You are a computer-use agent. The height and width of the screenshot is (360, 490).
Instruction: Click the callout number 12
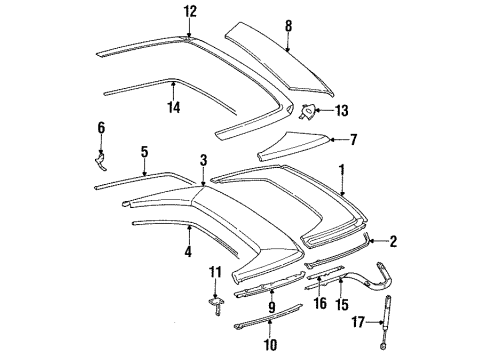[191, 12]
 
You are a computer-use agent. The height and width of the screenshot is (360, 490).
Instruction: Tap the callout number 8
[288, 26]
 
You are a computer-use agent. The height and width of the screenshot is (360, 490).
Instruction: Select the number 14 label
[174, 107]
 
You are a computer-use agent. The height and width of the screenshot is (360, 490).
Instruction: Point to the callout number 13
[341, 110]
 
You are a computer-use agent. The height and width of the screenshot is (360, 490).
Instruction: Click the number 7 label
[353, 139]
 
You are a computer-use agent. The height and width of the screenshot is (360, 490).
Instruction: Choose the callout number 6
[101, 127]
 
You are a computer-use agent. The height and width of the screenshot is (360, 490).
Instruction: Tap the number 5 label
[144, 152]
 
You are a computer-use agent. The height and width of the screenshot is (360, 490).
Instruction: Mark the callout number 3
[203, 160]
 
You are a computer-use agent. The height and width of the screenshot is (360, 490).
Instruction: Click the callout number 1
[341, 170]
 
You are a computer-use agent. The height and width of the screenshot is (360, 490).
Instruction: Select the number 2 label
[393, 241]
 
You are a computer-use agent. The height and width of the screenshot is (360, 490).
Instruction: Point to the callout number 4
[188, 251]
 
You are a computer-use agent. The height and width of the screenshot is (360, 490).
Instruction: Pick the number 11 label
[215, 272]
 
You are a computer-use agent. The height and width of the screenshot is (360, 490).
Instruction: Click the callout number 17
[358, 322]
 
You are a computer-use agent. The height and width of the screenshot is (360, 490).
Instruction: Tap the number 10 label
[270, 344]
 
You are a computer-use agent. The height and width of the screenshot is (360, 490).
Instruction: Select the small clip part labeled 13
[307, 111]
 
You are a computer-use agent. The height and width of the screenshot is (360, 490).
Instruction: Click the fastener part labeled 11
[216, 307]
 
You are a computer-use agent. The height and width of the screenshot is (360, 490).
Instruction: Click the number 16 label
[320, 303]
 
